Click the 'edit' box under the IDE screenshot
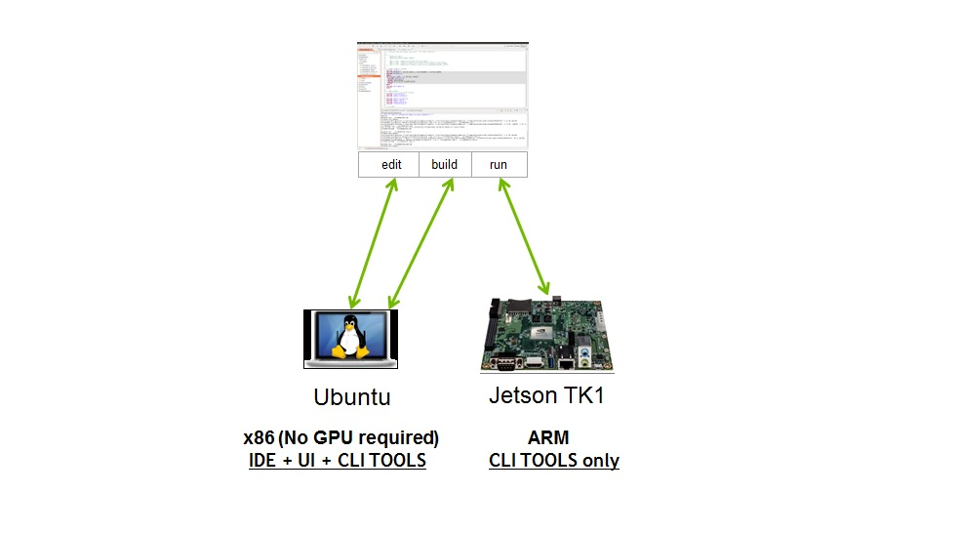click(x=391, y=165)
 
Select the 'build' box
click(x=444, y=165)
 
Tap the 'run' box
click(x=499, y=165)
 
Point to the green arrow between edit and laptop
click(x=373, y=243)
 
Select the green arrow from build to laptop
click(x=420, y=243)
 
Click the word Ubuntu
click(x=351, y=397)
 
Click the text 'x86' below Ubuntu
click(x=260, y=437)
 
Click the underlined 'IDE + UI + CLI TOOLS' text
click(x=338, y=460)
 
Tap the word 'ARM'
click(x=548, y=437)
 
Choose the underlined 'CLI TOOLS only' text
click(x=553, y=460)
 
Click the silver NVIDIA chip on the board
click(x=541, y=333)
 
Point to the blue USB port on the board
click(x=550, y=361)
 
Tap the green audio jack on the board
click(x=584, y=361)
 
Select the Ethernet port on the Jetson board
click(x=566, y=362)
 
